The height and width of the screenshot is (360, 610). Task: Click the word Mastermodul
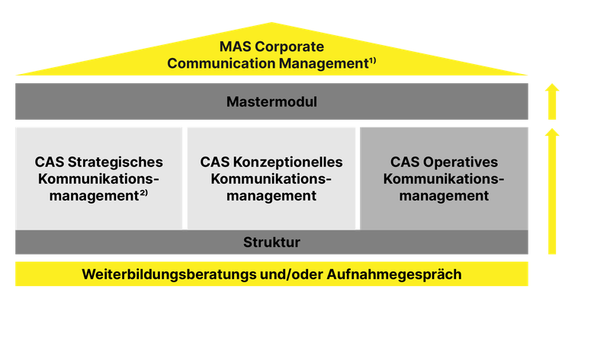click(271, 101)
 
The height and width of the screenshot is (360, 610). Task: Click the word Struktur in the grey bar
click(271, 243)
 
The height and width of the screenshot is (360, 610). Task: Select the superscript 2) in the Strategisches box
click(143, 193)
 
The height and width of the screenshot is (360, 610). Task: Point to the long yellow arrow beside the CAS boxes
click(552, 191)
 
